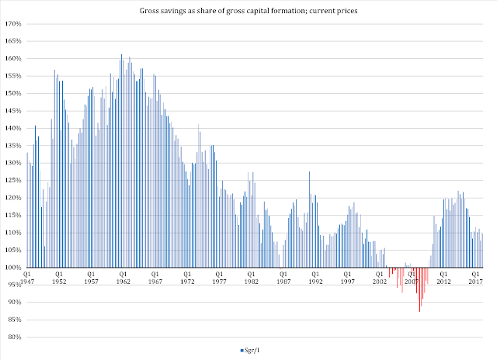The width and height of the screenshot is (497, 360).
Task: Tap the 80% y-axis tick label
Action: click(15, 337)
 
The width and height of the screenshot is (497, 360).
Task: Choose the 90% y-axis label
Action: click(15, 303)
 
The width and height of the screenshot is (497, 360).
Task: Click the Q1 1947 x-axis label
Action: click(27, 278)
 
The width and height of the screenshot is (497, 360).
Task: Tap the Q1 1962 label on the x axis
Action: click(123, 278)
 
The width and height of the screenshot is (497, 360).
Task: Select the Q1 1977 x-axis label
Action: click(219, 278)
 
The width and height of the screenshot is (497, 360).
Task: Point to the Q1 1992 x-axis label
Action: click(315, 278)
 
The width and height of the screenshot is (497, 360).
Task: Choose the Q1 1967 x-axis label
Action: click(155, 278)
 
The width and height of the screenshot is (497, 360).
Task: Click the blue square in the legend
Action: click(242, 352)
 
